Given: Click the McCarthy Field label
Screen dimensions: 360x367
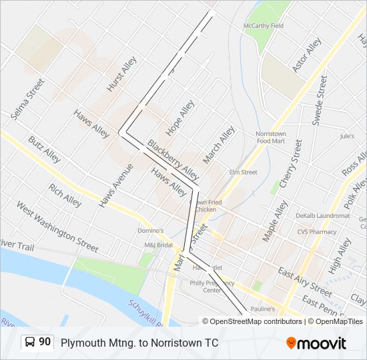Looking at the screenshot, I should point(263,26).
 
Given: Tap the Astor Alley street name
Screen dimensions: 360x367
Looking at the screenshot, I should point(306,55).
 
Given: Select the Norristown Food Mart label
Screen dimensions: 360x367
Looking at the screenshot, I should point(270,137).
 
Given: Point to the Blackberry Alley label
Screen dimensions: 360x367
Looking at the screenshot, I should point(173,160).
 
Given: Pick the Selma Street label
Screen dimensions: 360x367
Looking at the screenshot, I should point(27,99).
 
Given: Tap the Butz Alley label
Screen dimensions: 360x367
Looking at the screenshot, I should point(45,149).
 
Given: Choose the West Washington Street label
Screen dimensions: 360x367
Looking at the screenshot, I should point(57,227).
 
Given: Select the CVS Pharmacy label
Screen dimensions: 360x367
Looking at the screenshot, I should point(317,232).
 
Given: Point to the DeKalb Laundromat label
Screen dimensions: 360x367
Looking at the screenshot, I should point(323,216).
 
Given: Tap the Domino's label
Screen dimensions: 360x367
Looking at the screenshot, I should point(151,231).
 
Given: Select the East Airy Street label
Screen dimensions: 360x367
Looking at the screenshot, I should point(305,283).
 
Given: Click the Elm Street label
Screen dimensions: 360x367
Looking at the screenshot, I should point(243,172).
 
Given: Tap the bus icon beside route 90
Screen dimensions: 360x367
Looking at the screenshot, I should point(31,343).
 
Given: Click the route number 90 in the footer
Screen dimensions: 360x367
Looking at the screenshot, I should point(45,342).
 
